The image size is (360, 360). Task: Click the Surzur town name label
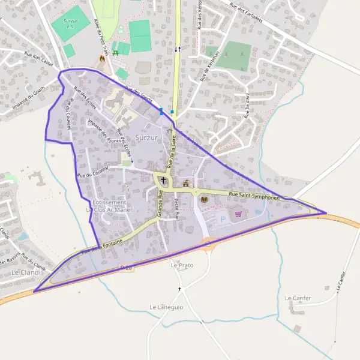click(146, 137)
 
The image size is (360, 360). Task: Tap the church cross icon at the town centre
click(163, 180)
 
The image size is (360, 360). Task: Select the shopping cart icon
click(238, 213)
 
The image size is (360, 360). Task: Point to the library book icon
click(204, 199)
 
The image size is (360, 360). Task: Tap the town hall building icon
click(185, 184)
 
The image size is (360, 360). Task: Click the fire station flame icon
click(101, 59)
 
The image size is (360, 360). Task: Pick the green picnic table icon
click(115, 53)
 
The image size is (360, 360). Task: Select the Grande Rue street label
click(160, 203)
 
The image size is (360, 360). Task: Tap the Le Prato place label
click(182, 265)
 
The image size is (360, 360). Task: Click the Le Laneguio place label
click(166, 307)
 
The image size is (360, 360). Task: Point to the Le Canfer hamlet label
click(298, 298)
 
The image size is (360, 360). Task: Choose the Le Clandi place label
click(26, 272)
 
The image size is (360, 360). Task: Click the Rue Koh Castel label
click(39, 59)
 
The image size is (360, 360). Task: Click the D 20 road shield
click(125, 266)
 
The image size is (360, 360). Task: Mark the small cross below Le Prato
click(179, 289)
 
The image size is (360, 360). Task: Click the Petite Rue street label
click(176, 209)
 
